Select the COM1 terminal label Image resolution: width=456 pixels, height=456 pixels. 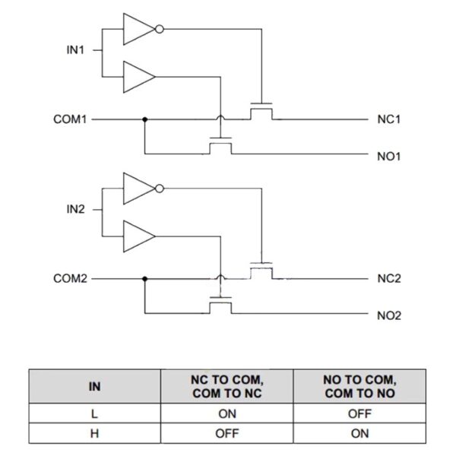[x=71, y=119]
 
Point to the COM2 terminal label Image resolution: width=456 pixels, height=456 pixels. [x=71, y=278]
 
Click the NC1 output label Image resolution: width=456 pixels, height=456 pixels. [x=388, y=119]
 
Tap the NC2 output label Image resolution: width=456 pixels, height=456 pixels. [x=388, y=278]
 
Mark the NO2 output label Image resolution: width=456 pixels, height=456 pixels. [x=388, y=315]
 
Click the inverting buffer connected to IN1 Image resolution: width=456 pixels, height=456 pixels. [x=140, y=30]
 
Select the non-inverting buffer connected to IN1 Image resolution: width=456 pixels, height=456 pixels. [x=138, y=76]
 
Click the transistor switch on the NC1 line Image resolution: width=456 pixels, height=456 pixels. [x=262, y=112]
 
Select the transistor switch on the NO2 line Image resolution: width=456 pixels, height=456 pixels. [x=220, y=306]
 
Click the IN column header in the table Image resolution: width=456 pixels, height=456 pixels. [x=94, y=387]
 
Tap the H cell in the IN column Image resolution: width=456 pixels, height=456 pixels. [x=94, y=434]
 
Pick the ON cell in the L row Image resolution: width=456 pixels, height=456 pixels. [x=227, y=414]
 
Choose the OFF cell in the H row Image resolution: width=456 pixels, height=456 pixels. [x=227, y=434]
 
